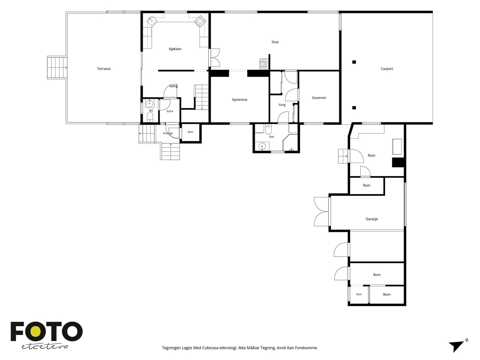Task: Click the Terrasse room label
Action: [104, 69]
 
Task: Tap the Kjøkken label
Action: [175, 49]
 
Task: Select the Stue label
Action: [275, 42]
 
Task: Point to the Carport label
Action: [387, 69]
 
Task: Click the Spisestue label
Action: [239, 100]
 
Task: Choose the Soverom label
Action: [319, 98]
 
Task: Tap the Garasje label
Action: [371, 219]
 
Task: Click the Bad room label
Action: [271, 137]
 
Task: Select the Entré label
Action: [170, 111]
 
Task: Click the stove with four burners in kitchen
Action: [200, 21]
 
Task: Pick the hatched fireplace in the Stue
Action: [264, 64]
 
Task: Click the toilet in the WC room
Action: [150, 117]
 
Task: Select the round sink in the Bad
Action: [262, 146]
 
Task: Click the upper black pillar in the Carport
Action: [354, 62]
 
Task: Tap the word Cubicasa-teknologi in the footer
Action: [220, 348]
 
